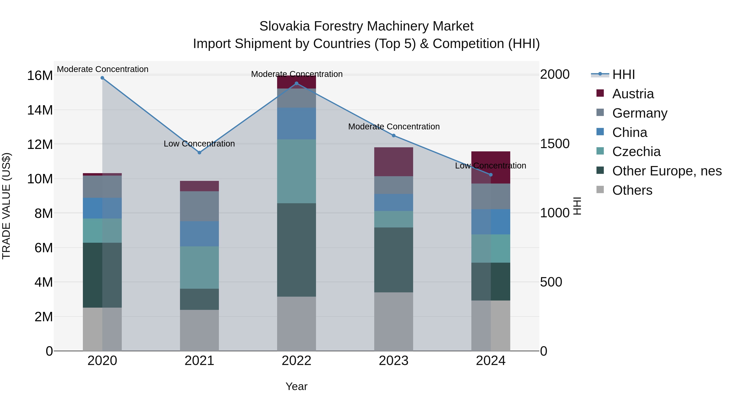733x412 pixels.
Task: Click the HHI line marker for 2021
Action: tap(200, 153)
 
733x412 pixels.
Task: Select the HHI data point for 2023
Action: tap(394, 136)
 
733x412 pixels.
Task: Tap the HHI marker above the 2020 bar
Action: tap(102, 78)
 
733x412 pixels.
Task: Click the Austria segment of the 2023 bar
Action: tap(394, 162)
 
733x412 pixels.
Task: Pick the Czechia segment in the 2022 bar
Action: tap(296, 171)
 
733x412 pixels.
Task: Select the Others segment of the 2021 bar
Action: tap(200, 330)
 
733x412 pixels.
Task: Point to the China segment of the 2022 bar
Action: tap(296, 123)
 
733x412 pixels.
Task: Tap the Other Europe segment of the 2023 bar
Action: tap(394, 260)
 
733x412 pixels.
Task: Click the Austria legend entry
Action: tap(633, 94)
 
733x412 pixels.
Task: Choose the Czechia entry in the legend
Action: tap(636, 152)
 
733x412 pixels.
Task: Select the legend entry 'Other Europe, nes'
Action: tap(667, 171)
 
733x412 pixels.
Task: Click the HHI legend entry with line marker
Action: tap(623, 74)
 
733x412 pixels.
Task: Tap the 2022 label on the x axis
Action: tap(296, 361)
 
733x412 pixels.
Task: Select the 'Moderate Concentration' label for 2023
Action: tap(394, 127)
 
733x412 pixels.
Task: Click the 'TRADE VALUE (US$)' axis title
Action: tap(6, 206)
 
